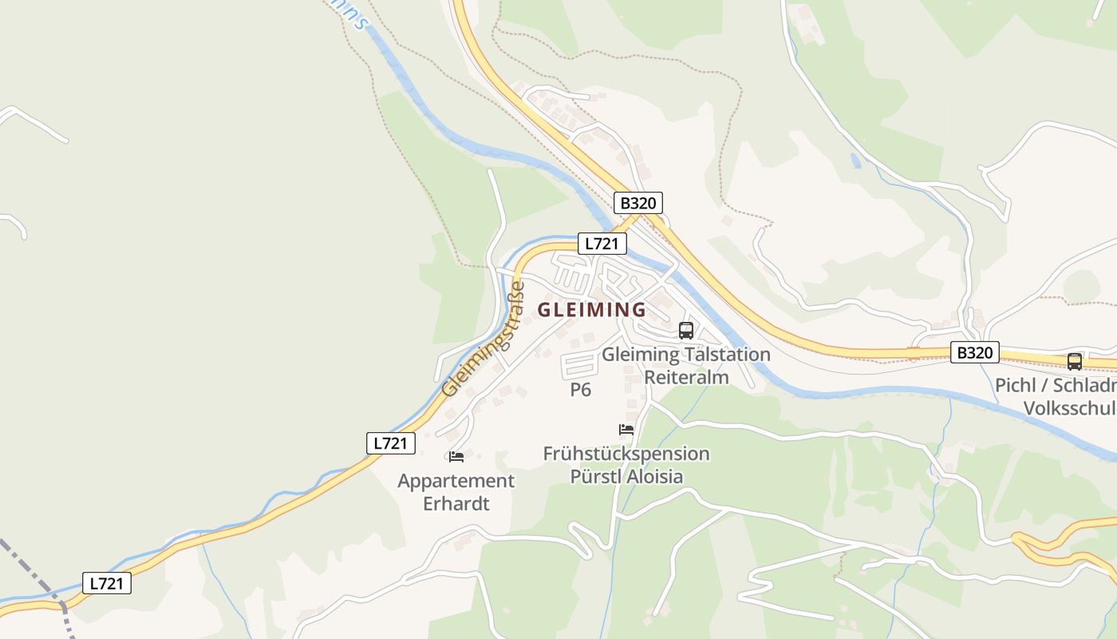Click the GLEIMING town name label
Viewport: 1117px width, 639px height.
click(x=591, y=309)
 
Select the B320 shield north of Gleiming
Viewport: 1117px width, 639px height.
click(x=637, y=203)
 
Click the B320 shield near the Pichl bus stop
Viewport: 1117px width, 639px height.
click(x=974, y=352)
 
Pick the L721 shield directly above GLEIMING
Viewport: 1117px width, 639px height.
click(x=602, y=244)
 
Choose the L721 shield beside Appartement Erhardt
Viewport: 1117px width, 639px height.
click(x=391, y=443)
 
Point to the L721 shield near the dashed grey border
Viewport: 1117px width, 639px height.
click(x=107, y=583)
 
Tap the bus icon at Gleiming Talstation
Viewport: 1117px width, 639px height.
click(x=685, y=330)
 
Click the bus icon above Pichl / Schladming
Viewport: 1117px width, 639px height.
click(x=1075, y=361)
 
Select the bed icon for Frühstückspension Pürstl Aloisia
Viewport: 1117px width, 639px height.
click(x=626, y=430)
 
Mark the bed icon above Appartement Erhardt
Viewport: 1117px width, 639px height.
click(x=456, y=457)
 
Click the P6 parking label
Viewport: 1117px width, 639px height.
click(x=580, y=390)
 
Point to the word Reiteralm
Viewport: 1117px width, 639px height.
click(x=686, y=377)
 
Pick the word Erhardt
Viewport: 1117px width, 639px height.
click(x=456, y=504)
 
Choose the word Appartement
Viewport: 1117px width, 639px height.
click(x=456, y=481)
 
